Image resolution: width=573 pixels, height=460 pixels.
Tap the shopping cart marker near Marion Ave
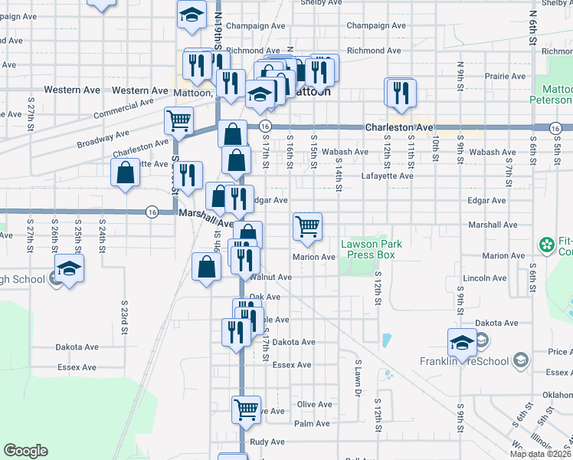point(307,226)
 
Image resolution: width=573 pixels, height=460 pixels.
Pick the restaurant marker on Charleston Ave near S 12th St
point(401,93)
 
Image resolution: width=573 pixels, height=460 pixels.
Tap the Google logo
point(25,451)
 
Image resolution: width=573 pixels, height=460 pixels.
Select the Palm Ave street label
point(312,423)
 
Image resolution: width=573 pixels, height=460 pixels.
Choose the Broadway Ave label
point(103,139)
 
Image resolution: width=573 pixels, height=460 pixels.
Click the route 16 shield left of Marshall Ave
point(152,212)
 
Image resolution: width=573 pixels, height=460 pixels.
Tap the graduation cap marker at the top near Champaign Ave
point(192,15)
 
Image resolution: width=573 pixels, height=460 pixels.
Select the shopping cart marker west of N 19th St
point(178,120)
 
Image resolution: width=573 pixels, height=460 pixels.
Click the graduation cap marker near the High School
point(69,269)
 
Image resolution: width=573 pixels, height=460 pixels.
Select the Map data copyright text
point(540,454)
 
